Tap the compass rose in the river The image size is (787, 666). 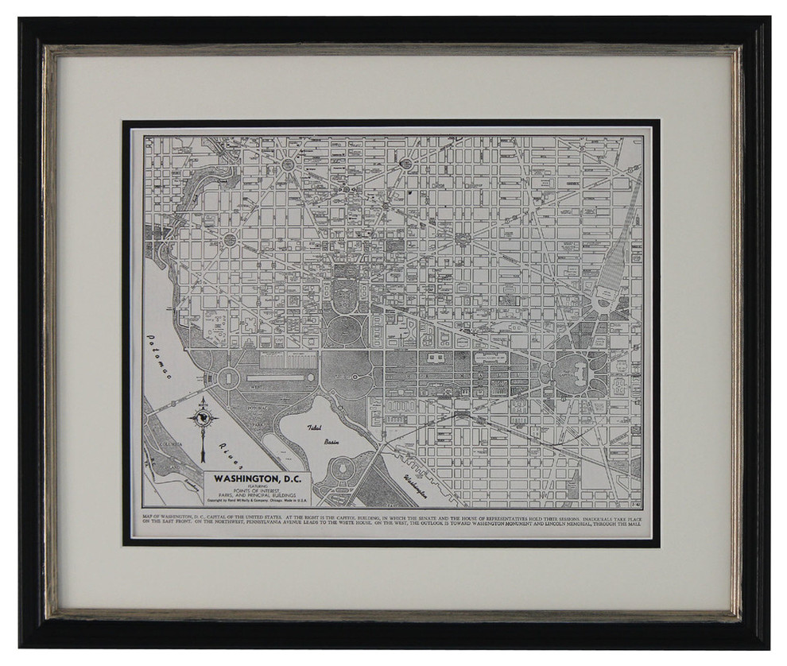204,418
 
